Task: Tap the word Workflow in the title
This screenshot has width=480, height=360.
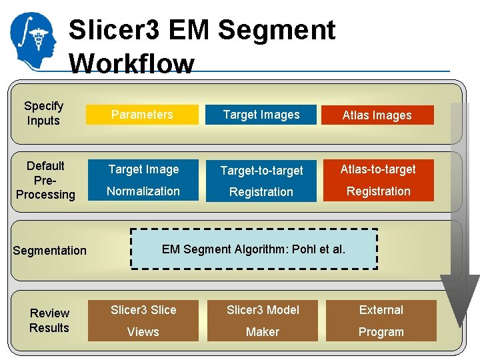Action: tap(131, 64)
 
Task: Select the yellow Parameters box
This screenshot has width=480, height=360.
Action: tap(143, 115)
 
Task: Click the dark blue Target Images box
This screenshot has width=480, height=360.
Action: tap(261, 115)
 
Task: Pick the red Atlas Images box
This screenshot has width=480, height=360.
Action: tap(377, 115)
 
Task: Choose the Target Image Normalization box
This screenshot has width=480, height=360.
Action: tap(143, 180)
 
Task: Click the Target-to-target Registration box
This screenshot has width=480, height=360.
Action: tap(261, 181)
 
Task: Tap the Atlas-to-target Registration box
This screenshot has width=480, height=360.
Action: tap(378, 180)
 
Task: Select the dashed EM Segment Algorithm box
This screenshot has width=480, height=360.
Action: tap(254, 249)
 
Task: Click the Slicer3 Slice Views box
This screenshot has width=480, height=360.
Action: tap(143, 321)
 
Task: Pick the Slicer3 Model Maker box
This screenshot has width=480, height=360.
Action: tap(263, 321)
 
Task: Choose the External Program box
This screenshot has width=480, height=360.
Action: tap(381, 321)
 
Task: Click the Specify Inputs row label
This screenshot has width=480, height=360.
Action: tap(43, 113)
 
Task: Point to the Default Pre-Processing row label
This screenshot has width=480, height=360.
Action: tap(45, 180)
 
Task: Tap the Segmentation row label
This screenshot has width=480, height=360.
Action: tap(50, 251)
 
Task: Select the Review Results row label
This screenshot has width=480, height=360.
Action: tap(49, 321)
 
